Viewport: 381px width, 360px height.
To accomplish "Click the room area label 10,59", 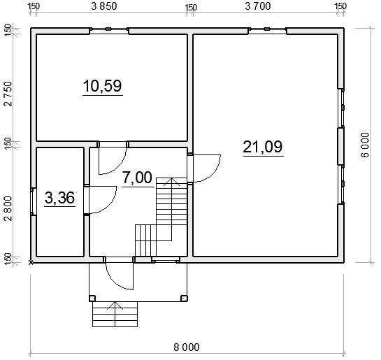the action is click(x=102, y=86).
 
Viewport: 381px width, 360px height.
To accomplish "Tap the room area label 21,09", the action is click(x=263, y=147).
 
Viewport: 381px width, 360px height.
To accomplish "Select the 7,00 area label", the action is click(x=138, y=178).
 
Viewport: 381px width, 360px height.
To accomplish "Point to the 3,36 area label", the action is click(x=60, y=198).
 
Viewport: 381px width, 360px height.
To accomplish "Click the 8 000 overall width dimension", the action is click(x=187, y=347).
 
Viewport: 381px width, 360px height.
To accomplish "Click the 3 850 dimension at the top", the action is click(x=104, y=6).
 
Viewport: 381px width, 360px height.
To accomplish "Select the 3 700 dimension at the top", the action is click(x=257, y=6).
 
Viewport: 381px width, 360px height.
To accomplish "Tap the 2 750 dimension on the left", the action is click(x=8, y=94).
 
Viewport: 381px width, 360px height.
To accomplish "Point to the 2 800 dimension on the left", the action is click(x=8, y=208).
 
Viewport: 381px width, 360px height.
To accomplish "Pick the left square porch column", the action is click(x=92, y=298).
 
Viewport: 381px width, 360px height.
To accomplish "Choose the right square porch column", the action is click(x=184, y=298).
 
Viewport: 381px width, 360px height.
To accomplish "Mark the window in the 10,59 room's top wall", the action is click(x=108, y=29).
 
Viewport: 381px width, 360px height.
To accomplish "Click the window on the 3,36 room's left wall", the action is click(x=33, y=201).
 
